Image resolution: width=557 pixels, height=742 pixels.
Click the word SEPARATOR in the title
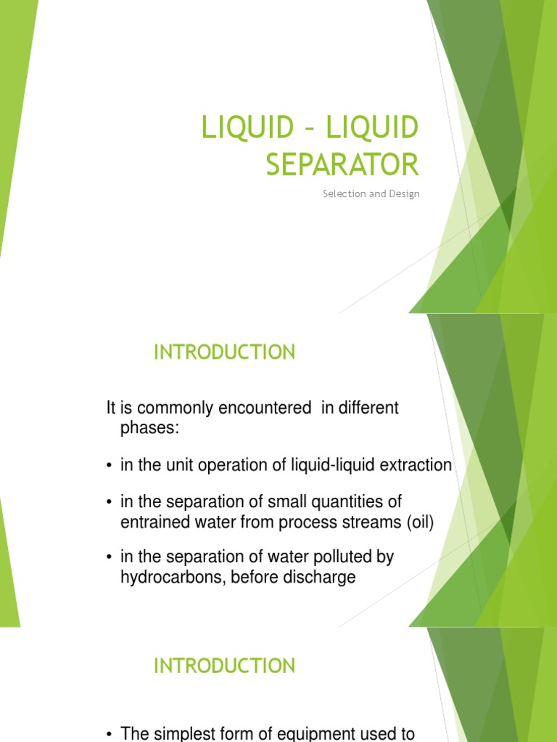[x=342, y=165]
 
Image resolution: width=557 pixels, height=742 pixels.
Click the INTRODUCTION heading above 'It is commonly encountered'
[x=225, y=353]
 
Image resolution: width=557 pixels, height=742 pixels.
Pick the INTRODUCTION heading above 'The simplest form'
[x=225, y=666]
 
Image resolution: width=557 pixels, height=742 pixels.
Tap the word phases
[x=149, y=428]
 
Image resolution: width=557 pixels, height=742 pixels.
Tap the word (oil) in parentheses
[x=418, y=522]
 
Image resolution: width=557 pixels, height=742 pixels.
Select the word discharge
[x=322, y=578]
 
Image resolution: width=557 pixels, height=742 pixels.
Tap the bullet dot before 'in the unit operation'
[x=109, y=466]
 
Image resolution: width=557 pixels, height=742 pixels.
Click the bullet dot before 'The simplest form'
[x=109, y=734]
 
